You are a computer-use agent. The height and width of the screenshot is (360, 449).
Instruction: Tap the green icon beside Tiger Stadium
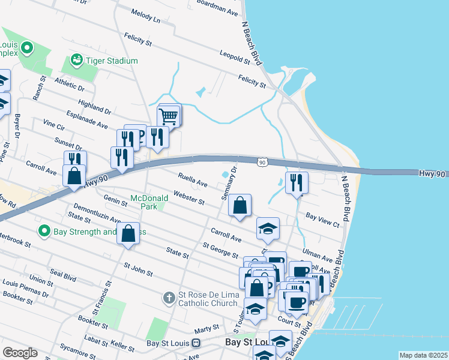click(x=76, y=60)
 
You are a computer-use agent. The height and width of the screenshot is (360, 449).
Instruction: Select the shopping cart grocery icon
click(x=169, y=115)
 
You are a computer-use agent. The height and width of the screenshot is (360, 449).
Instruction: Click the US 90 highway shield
click(x=262, y=162)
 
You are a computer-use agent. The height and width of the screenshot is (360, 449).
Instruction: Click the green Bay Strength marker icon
click(x=44, y=231)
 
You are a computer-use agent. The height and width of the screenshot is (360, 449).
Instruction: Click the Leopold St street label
click(x=234, y=57)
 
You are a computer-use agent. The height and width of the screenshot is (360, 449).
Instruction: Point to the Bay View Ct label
click(x=322, y=219)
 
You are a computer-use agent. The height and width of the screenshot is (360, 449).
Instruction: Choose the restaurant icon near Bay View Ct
click(x=297, y=183)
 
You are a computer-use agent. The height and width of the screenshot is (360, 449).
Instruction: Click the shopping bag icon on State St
click(x=128, y=233)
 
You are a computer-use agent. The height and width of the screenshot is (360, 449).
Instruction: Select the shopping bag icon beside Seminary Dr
click(x=240, y=205)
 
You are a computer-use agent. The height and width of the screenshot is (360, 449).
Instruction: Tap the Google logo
click(x=20, y=353)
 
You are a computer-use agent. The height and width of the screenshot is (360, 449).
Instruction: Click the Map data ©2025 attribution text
click(x=423, y=355)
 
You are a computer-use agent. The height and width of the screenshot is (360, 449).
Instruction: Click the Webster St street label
click(x=188, y=197)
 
